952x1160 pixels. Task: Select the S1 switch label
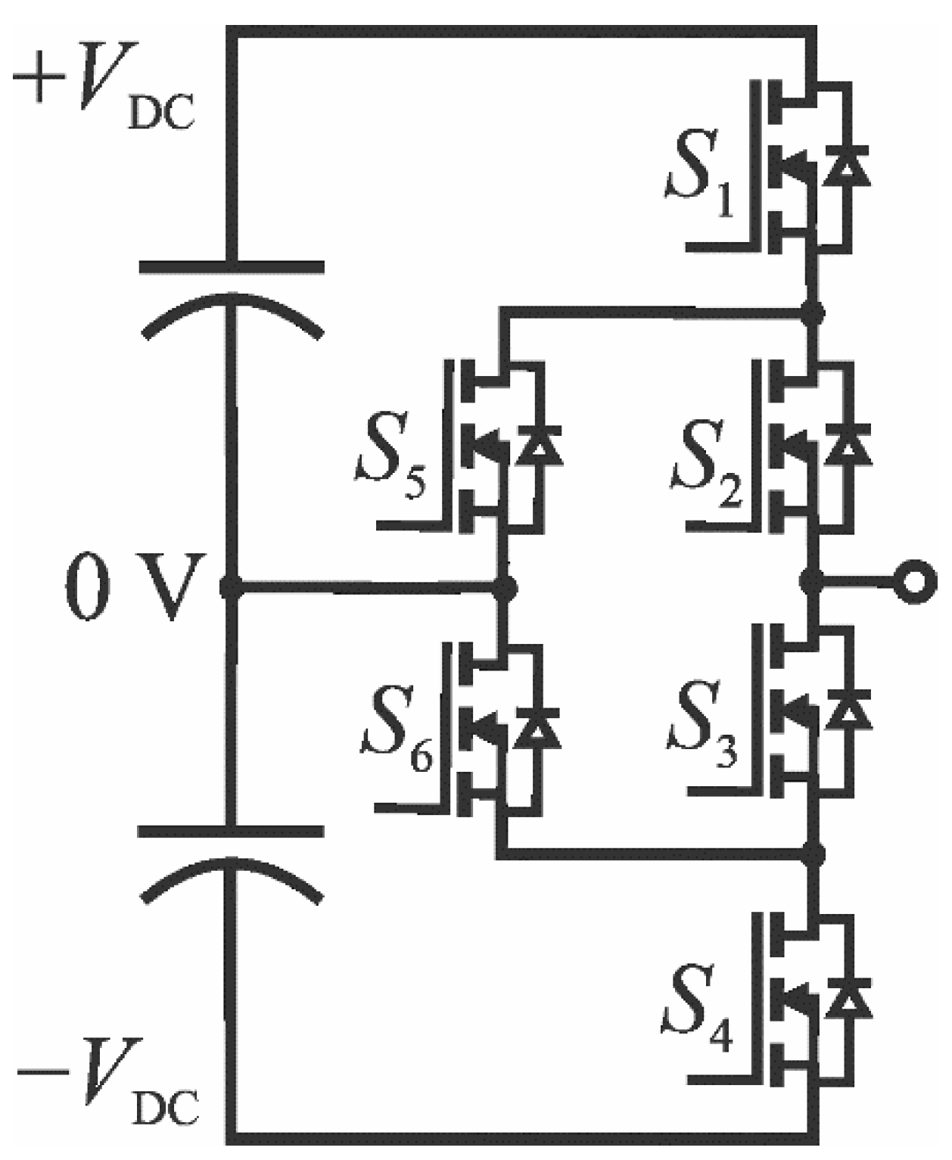point(700,185)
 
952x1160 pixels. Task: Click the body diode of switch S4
point(848,1002)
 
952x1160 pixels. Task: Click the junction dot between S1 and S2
point(813,312)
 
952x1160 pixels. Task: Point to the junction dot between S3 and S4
point(813,854)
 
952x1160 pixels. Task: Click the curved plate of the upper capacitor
point(232,306)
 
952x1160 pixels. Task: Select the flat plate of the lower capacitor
point(232,832)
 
